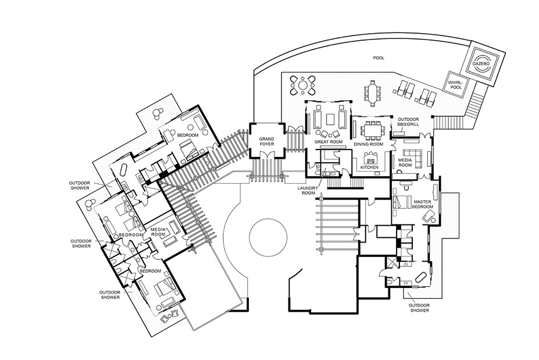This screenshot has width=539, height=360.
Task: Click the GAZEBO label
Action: (480, 65)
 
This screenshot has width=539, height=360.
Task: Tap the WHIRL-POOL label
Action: (455, 85)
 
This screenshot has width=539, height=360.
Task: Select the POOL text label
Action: (379, 58)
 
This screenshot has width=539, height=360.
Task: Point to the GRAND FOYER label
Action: (266, 141)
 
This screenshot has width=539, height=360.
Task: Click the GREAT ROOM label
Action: (329, 142)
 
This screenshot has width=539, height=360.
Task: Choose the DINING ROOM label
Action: (369, 144)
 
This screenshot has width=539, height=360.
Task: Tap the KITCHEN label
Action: (369, 167)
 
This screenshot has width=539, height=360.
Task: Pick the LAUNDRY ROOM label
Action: (308, 191)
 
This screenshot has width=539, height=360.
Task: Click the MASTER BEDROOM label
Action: (423, 204)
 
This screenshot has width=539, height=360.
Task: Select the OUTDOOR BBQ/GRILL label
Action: (408, 122)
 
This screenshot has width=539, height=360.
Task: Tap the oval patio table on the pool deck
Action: (373, 92)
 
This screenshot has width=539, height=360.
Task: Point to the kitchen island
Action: (370, 159)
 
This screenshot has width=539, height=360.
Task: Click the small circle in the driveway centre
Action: (268, 238)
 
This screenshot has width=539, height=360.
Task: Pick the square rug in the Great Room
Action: (330, 119)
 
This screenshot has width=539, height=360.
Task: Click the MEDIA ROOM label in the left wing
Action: (158, 232)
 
